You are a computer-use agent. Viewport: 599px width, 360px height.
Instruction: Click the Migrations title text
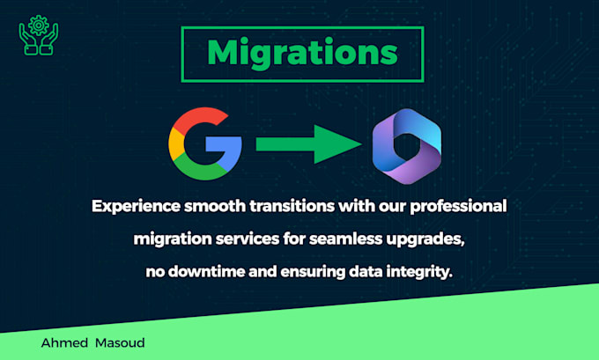point(302,54)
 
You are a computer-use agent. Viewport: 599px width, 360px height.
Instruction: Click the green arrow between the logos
point(308,144)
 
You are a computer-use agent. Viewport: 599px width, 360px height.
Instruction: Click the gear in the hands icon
point(39,26)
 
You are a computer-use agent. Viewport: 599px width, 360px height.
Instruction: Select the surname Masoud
point(120,342)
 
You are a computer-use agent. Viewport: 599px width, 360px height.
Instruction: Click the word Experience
point(136,207)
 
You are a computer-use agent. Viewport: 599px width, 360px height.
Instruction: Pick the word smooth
point(215,207)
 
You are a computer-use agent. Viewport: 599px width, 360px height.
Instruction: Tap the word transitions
point(292,207)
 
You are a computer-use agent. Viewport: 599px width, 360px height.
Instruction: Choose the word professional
point(458,207)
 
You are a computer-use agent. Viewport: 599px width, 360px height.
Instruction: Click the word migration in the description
point(173,239)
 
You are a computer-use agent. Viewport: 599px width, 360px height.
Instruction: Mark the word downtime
point(206,272)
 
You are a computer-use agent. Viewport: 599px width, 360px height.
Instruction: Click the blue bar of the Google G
point(224,145)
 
